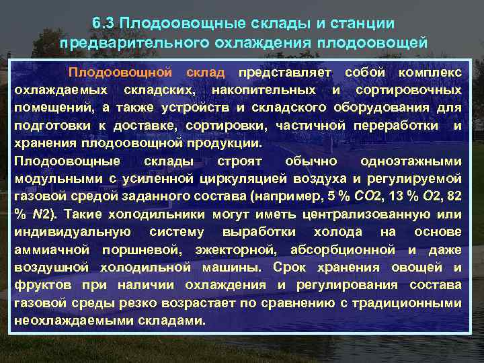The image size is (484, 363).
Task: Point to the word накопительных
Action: tap(266, 89)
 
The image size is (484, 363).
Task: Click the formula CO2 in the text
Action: tap(350, 196)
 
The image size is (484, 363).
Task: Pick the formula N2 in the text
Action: tap(36, 214)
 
